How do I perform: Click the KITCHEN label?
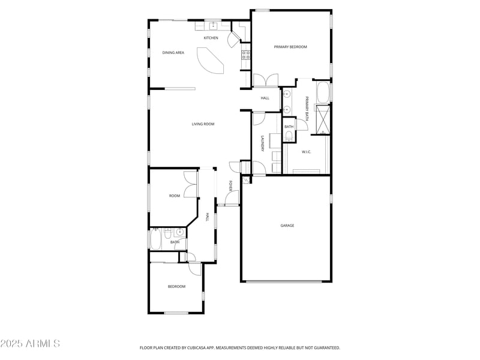click(211, 38)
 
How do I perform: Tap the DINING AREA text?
click(173, 53)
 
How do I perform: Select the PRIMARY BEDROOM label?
click(290, 47)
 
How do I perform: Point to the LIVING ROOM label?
click(203, 124)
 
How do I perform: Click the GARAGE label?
click(287, 226)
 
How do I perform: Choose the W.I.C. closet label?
click(306, 152)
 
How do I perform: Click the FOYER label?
click(230, 185)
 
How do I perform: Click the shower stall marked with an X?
click(322, 119)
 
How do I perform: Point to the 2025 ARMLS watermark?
click(30, 344)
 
